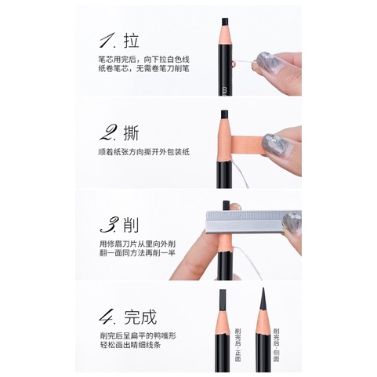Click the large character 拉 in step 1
(132, 41)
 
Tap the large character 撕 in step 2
(132, 133)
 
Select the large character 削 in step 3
(131, 225)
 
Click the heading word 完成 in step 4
(140, 317)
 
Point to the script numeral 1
(107, 41)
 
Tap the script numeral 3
(109, 225)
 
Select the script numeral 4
(108, 317)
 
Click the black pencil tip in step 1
(225, 22)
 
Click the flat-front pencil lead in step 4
(223, 299)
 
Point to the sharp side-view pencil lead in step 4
(263, 299)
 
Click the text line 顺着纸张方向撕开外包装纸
(143, 152)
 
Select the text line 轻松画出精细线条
(130, 345)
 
